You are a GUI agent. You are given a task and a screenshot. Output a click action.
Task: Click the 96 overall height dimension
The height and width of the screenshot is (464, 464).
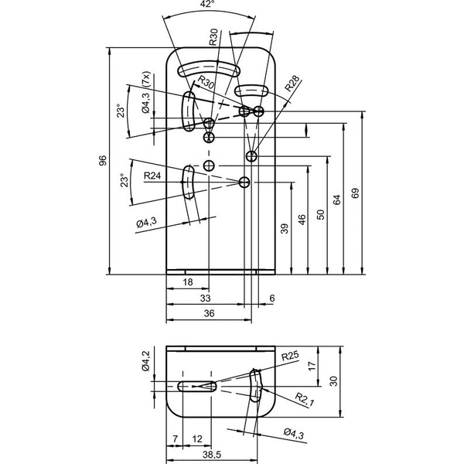pos(102,161)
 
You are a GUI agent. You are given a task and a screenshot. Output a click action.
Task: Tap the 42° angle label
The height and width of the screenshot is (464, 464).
pos(207,4)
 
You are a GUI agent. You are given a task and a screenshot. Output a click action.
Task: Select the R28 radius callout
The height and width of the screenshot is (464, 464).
pos(292,84)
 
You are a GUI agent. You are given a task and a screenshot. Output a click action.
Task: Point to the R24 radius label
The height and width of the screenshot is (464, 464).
pos(152,176)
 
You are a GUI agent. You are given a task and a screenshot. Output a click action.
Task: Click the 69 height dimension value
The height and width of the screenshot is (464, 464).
pos(355,193)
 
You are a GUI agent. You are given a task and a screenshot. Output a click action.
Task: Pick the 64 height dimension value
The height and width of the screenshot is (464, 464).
pos(337,200)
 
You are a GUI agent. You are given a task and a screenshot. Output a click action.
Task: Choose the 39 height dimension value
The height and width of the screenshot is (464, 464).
pos(285,228)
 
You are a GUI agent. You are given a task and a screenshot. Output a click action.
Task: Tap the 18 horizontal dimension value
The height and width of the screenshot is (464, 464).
pos(188,282)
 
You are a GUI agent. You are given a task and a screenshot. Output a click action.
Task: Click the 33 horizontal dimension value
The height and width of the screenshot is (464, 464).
pos(205,298)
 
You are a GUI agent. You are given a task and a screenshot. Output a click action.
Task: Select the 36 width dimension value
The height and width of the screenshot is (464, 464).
pos(210,313)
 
